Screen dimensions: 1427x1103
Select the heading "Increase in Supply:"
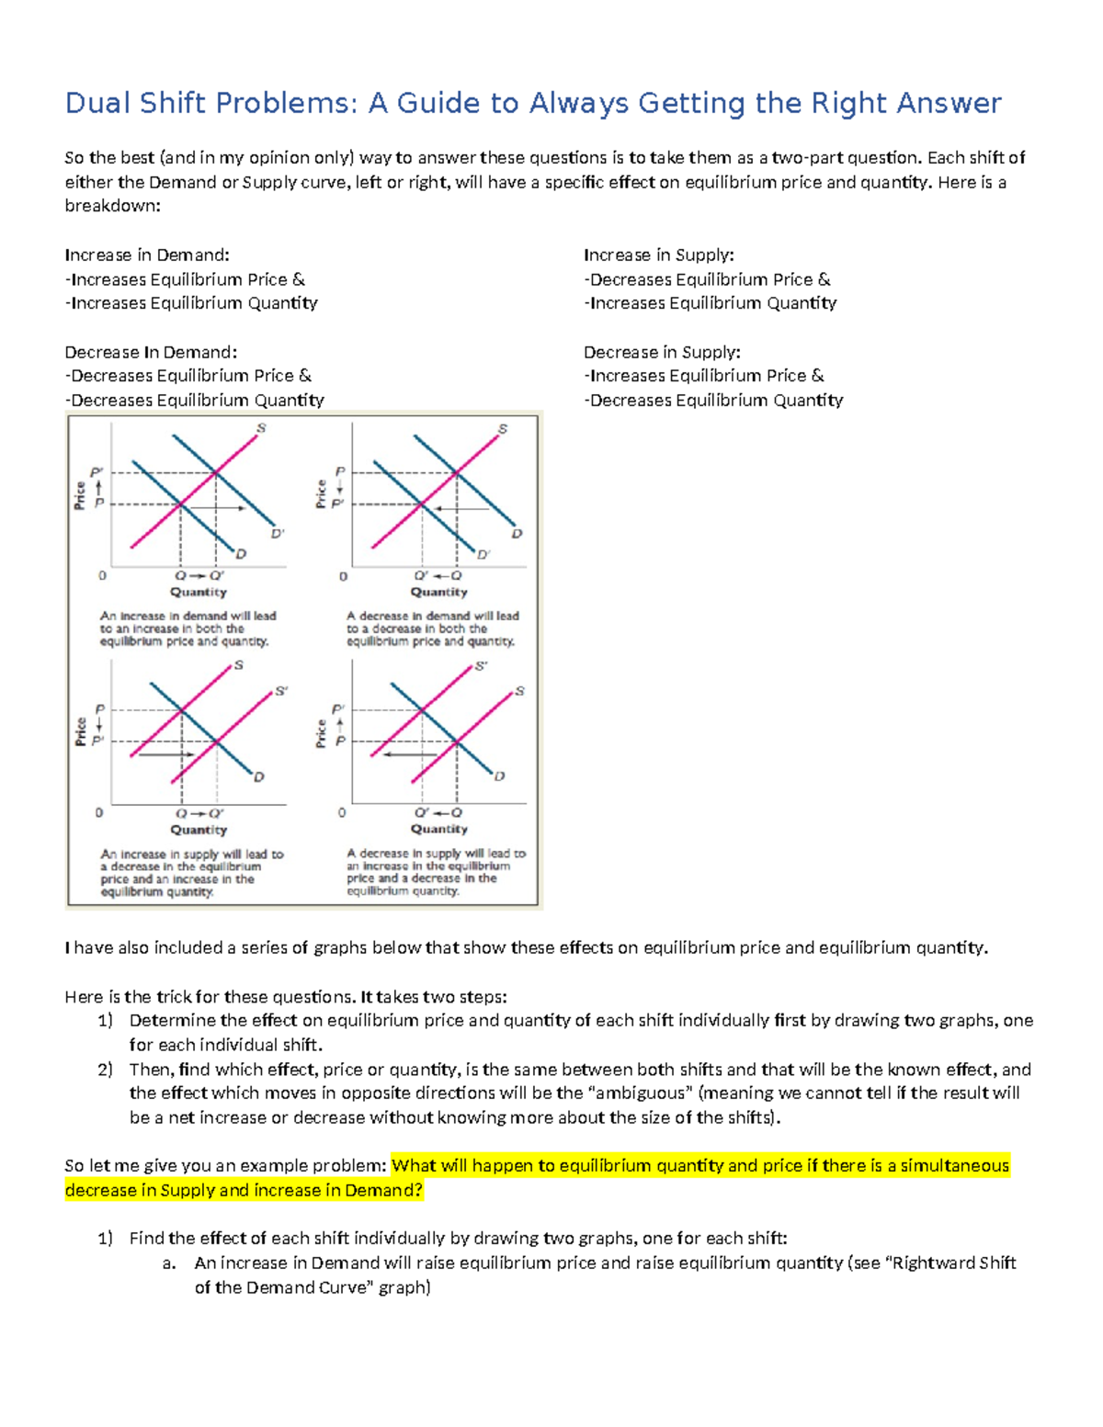(658, 255)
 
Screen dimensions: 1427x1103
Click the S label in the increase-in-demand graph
(261, 428)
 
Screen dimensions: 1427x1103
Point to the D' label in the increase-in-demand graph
(277, 533)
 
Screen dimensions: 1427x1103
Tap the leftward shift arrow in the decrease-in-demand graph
(462, 507)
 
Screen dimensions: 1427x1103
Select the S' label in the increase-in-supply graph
(281, 691)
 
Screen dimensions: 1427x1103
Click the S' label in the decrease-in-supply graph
(481, 666)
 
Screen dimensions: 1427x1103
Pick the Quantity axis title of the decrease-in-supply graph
(438, 829)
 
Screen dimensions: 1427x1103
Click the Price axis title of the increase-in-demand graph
(81, 495)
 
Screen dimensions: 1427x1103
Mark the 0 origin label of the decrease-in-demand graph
(343, 576)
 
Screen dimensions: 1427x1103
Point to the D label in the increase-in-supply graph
(259, 777)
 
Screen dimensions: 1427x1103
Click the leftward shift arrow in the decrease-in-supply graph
(410, 753)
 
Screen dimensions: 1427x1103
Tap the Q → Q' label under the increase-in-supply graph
(199, 813)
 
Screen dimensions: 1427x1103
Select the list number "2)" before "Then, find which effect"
(105, 1069)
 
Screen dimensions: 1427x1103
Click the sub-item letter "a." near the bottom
(168, 1263)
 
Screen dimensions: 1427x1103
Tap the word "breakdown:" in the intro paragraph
(112, 206)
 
